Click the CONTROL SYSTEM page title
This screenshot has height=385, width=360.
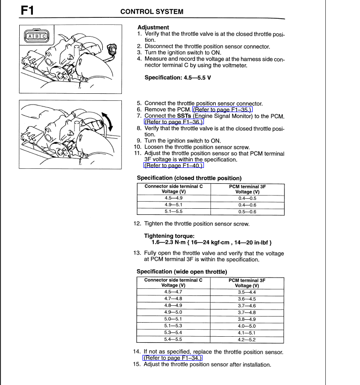[152, 12]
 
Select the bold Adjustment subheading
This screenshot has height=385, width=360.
[153, 28]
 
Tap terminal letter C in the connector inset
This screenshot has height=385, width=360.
[44, 36]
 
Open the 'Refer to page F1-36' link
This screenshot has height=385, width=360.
[167, 122]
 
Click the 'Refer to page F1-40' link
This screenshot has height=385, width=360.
[167, 166]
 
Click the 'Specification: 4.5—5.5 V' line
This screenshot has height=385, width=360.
[178, 77]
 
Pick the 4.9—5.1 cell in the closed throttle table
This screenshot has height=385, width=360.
[173, 205]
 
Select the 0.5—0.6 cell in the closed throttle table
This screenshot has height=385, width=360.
[247, 211]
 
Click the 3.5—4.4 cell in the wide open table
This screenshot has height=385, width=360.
[247, 292]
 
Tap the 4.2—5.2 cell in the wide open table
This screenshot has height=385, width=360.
[247, 339]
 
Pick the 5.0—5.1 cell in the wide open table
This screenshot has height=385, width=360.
[173, 319]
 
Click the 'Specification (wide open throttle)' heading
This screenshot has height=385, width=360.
[182, 272]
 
